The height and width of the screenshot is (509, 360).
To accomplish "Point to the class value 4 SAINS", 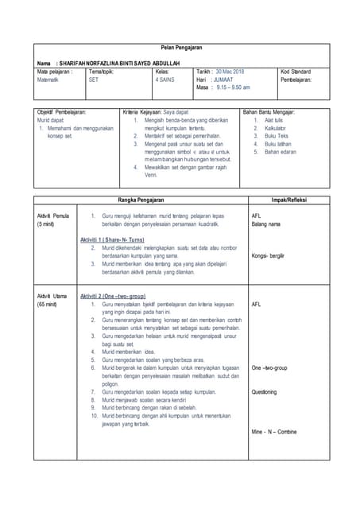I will coord(166,80).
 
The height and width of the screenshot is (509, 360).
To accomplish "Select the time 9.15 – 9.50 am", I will coord(233,87).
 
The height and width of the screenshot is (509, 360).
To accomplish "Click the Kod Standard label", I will coord(298,72).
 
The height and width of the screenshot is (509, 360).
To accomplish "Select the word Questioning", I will coord(264,392).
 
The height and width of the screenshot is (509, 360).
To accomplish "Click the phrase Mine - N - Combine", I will coord(273,432).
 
